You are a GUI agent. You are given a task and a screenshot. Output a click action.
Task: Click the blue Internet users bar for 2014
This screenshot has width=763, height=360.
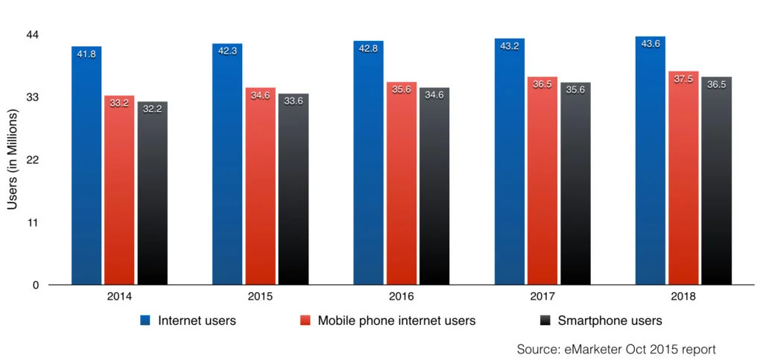coord(86,171)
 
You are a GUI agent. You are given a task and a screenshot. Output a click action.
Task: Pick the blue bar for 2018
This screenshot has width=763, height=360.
coord(650,164)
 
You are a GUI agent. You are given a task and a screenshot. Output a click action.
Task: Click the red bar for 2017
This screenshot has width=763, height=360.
coord(542,186)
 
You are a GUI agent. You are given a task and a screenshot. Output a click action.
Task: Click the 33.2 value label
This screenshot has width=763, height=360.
coord(119,103)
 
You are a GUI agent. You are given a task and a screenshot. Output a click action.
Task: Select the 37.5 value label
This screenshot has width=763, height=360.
coord(683,79)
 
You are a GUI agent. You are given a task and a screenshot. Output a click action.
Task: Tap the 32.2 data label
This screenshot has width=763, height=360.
coord(152,109)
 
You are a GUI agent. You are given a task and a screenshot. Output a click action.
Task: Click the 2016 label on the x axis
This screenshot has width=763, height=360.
coord(402,297)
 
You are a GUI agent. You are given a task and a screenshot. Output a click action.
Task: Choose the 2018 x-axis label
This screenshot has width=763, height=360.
coord(683,297)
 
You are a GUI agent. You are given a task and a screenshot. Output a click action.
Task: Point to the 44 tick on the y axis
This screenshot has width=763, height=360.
coord(32,35)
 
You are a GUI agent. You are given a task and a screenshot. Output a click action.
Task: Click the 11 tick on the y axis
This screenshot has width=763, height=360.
coord(33,223)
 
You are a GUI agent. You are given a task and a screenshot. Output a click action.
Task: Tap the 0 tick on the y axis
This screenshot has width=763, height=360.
coord(36,285)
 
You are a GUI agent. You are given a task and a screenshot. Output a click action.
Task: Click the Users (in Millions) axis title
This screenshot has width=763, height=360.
coord(13,160)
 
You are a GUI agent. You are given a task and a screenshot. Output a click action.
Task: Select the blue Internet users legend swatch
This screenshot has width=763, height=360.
coord(146,321)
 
